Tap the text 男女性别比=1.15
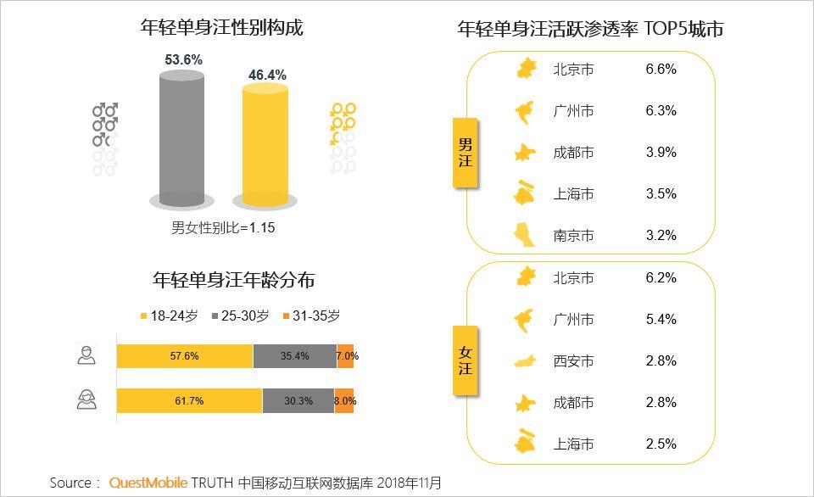coord(223,227)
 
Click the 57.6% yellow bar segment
coord(184,356)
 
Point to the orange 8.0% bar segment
coord(344,400)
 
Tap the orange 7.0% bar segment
coord(345,356)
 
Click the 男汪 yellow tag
coord(465,153)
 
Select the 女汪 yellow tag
coord(465,361)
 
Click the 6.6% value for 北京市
coord(661,70)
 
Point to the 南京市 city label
coord(573,236)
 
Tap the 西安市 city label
coord(573,361)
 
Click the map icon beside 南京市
coord(526,235)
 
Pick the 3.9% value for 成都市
coord(661,153)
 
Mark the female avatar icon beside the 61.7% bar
coord(86,399)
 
